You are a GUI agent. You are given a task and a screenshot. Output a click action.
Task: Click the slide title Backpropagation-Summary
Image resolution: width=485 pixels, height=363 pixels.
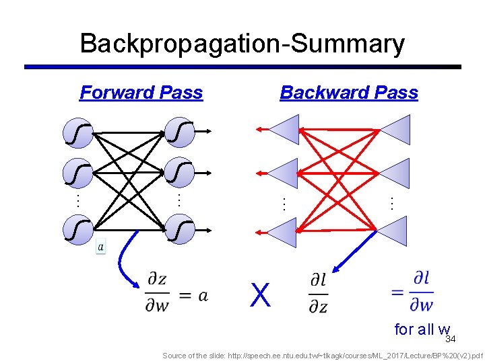(242, 44)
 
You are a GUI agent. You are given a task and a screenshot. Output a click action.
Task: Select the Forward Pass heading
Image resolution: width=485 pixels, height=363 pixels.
(141, 93)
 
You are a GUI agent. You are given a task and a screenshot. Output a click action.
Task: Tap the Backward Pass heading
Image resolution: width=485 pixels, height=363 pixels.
(349, 93)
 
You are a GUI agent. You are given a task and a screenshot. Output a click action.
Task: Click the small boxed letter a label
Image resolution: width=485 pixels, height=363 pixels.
(100, 247)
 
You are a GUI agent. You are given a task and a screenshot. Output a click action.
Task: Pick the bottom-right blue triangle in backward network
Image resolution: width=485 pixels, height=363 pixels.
(393, 231)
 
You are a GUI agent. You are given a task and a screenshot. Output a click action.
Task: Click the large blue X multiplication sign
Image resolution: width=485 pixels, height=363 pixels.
(260, 294)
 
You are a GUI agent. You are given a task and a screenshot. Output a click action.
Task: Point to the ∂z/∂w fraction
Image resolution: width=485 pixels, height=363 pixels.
(158, 293)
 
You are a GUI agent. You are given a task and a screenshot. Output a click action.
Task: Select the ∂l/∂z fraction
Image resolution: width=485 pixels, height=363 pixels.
(318, 293)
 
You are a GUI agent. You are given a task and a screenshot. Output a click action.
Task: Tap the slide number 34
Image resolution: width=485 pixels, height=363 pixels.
(451, 339)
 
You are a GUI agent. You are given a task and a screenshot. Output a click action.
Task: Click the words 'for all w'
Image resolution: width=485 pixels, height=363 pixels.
(422, 329)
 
